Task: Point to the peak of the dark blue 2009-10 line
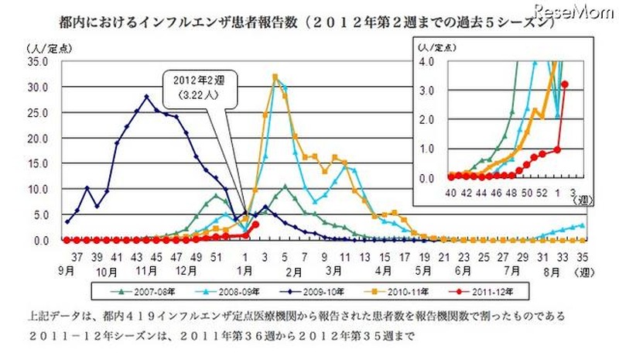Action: click(147, 97)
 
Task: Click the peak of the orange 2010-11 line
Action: click(275, 76)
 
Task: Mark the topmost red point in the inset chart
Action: click(565, 84)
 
